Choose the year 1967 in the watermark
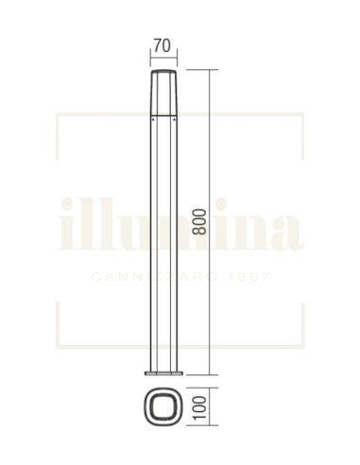(249, 277)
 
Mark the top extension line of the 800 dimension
(194, 69)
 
